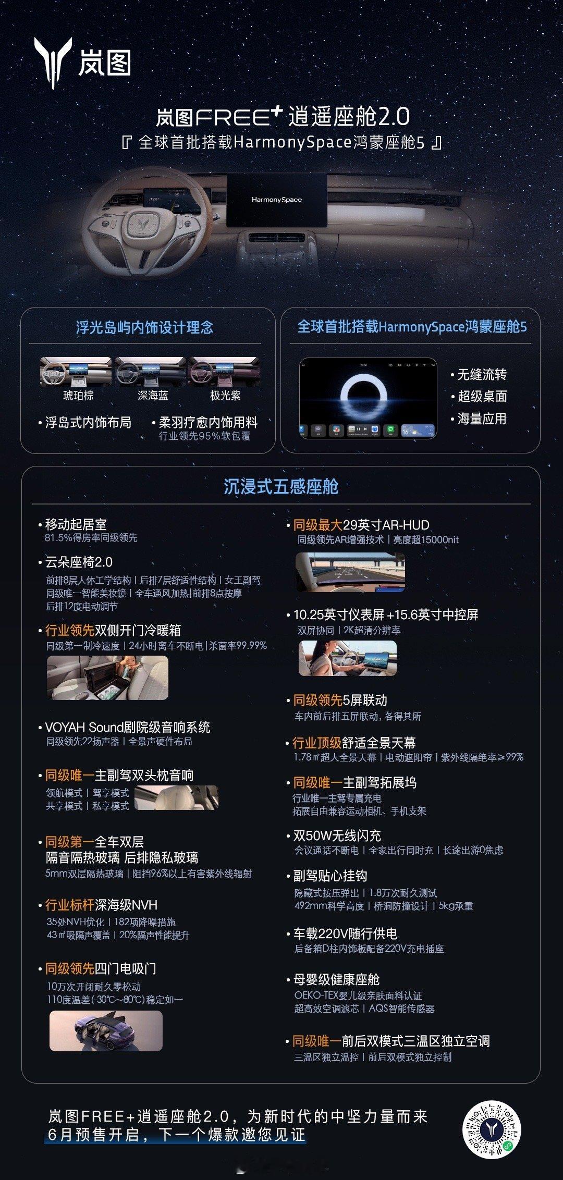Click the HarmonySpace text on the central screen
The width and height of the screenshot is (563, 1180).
coord(277,200)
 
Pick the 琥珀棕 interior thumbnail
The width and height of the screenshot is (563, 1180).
coord(76,372)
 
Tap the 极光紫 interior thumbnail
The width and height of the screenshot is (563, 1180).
coord(224,372)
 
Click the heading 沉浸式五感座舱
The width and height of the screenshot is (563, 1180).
coord(281,486)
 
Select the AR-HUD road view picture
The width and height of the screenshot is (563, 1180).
coord(350,572)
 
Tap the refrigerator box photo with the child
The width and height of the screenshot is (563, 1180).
coord(107,678)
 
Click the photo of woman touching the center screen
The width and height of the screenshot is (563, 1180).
coord(348,658)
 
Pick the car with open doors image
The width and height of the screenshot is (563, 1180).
coord(106,1031)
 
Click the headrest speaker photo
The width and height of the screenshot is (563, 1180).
coord(176,798)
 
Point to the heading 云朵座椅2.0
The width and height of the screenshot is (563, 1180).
coord(79,562)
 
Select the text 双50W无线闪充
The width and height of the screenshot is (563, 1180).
coord(337,835)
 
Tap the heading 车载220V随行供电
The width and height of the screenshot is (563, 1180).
coord(345,933)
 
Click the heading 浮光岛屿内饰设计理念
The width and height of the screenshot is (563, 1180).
coord(145,327)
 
